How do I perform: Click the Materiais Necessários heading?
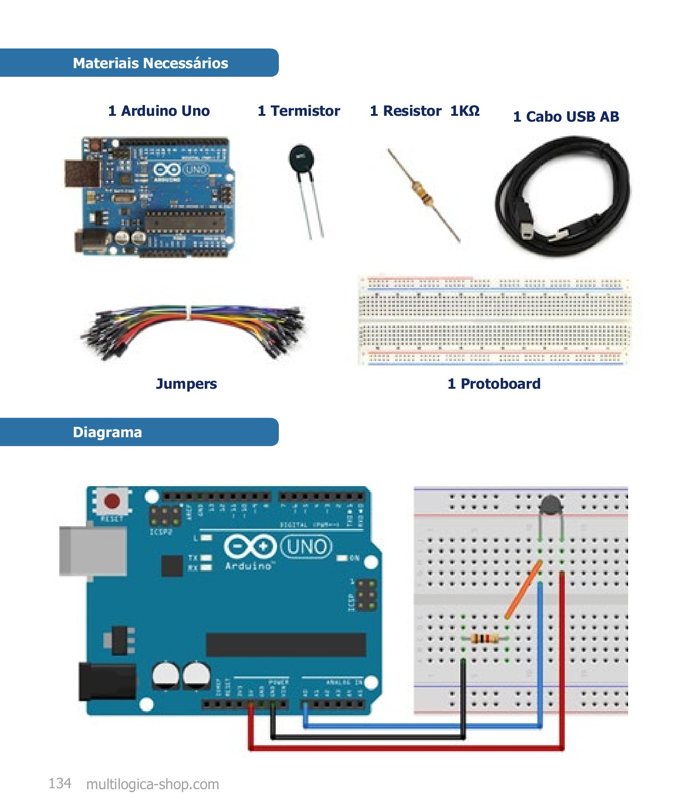[x=150, y=63]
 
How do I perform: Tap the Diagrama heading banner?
[x=107, y=432]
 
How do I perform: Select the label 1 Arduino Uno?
[x=159, y=111]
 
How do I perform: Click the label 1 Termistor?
[x=299, y=111]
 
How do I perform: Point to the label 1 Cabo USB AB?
[x=566, y=117]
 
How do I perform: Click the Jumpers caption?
[x=186, y=384]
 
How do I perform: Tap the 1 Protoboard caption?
[x=494, y=384]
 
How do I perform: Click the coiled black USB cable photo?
[x=563, y=198]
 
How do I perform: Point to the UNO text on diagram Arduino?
[x=307, y=547]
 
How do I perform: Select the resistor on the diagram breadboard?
[x=485, y=638]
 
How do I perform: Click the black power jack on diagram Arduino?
[x=107, y=681]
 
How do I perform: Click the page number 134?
[x=60, y=783]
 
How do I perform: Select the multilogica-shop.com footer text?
[x=153, y=784]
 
